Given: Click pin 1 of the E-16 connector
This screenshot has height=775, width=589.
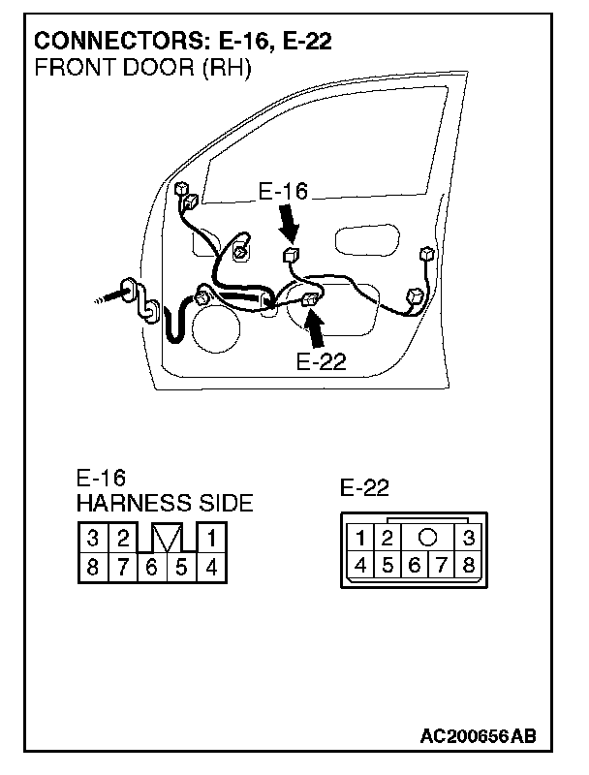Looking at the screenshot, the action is click(x=211, y=538).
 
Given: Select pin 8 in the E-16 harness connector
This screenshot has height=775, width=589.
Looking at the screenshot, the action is click(x=92, y=567).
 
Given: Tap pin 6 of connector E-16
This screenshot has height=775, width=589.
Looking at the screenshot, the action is click(x=152, y=567).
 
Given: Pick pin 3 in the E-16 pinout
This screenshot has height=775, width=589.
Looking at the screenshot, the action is click(x=92, y=538).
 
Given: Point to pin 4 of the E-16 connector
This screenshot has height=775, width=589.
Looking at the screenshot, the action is click(x=211, y=567).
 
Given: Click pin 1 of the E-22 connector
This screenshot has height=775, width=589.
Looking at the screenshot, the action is click(x=360, y=538).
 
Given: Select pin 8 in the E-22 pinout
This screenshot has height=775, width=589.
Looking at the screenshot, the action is click(x=469, y=564).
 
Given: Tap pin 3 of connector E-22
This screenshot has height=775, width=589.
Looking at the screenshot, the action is click(x=469, y=538).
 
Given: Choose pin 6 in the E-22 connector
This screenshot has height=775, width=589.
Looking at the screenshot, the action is click(x=415, y=564).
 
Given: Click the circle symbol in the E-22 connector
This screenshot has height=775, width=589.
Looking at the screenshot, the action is click(x=427, y=537).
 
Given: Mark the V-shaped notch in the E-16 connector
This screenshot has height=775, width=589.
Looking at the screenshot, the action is click(x=167, y=538).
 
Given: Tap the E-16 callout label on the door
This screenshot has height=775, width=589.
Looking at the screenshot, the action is click(x=283, y=191).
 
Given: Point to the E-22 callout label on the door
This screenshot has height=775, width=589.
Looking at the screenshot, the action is click(x=322, y=361).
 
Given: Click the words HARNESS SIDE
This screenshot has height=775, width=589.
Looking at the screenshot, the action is click(x=165, y=503).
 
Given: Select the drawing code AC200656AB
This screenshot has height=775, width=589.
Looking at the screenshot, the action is click(x=478, y=736).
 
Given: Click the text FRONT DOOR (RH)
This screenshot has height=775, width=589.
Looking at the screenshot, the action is click(x=142, y=68).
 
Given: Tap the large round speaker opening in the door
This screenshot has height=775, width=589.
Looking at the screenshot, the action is click(x=215, y=328).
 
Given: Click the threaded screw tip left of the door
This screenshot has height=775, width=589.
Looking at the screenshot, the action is click(x=107, y=297).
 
